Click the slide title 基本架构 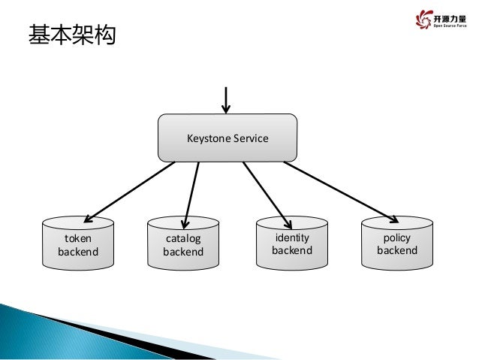click(72, 35)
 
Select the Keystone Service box click(227, 138)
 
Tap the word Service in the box click(250, 138)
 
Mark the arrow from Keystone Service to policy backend click(339, 191)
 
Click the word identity click(291, 237)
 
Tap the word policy click(397, 237)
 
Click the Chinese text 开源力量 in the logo click(450, 19)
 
